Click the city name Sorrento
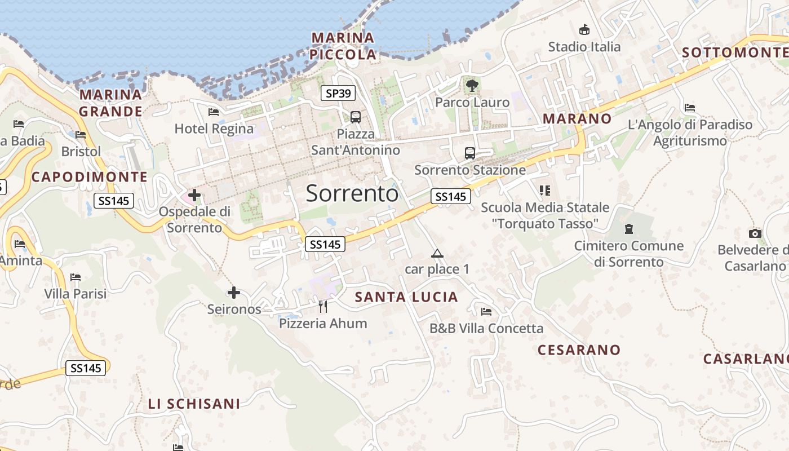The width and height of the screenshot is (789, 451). click(x=352, y=193)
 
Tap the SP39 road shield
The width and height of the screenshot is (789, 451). click(x=338, y=94)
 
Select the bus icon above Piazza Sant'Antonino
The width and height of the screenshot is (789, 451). click(x=356, y=117)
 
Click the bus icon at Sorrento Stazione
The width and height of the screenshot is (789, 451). click(x=469, y=153)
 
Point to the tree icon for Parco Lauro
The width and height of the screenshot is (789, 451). click(x=472, y=86)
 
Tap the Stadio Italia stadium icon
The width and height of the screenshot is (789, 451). click(x=584, y=30)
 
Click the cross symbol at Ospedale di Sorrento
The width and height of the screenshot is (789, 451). click(x=194, y=196)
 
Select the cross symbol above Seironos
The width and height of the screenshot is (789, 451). click(x=234, y=293)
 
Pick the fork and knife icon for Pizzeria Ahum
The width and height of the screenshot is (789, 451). click(x=323, y=307)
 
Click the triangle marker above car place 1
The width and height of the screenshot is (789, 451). click(x=437, y=254)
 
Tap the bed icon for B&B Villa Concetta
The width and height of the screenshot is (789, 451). click(x=486, y=312)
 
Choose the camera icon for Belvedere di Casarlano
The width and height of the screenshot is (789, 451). click(x=755, y=233)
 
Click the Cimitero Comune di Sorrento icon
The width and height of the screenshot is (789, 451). click(x=628, y=229)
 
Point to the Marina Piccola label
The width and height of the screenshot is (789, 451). click(x=343, y=46)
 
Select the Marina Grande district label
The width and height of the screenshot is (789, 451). click(x=110, y=103)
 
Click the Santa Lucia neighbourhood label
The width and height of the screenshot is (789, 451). click(x=406, y=297)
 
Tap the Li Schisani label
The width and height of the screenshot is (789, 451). click(x=194, y=404)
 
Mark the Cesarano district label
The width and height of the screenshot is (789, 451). click(x=579, y=350)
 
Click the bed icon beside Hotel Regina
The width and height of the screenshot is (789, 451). click(x=214, y=112)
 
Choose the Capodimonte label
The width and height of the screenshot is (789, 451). click(x=90, y=177)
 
